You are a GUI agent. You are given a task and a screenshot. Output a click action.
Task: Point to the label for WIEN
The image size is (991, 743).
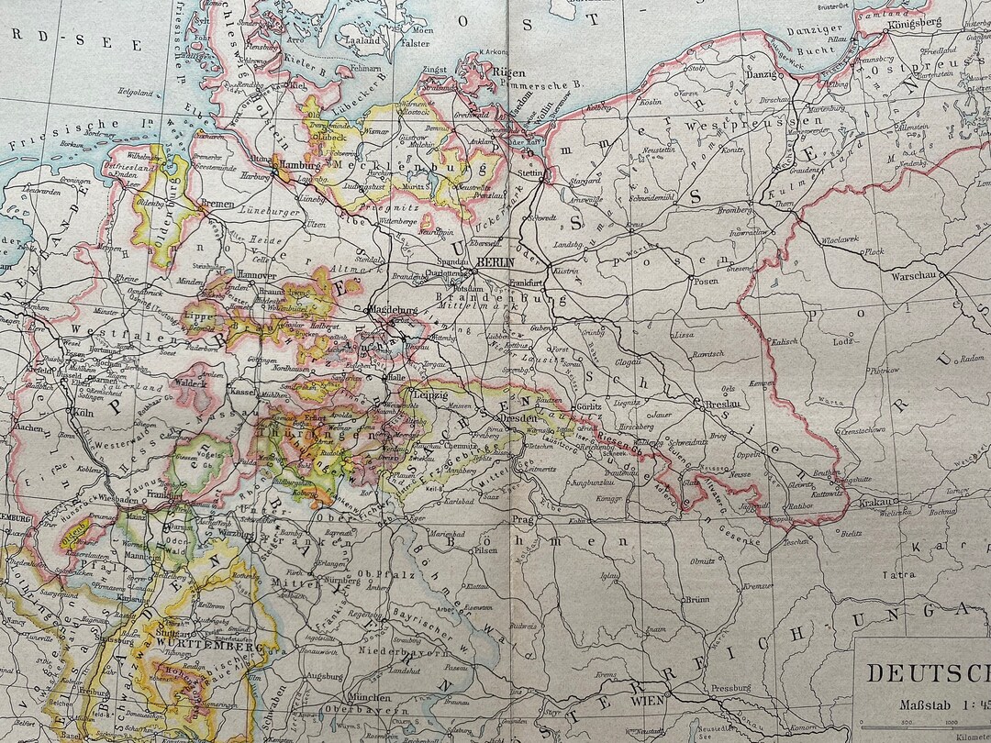point(648,702)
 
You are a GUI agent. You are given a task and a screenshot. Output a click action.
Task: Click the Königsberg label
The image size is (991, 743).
point(915,23)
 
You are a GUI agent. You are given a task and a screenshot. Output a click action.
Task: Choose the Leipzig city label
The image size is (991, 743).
point(430,395)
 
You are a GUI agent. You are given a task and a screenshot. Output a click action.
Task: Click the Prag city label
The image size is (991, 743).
point(522,519)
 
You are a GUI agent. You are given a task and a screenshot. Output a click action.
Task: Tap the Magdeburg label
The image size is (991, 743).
point(395,310)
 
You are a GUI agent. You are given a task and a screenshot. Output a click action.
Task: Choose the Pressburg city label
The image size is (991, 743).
point(730,687)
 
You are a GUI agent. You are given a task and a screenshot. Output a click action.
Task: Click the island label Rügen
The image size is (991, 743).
point(510,73)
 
